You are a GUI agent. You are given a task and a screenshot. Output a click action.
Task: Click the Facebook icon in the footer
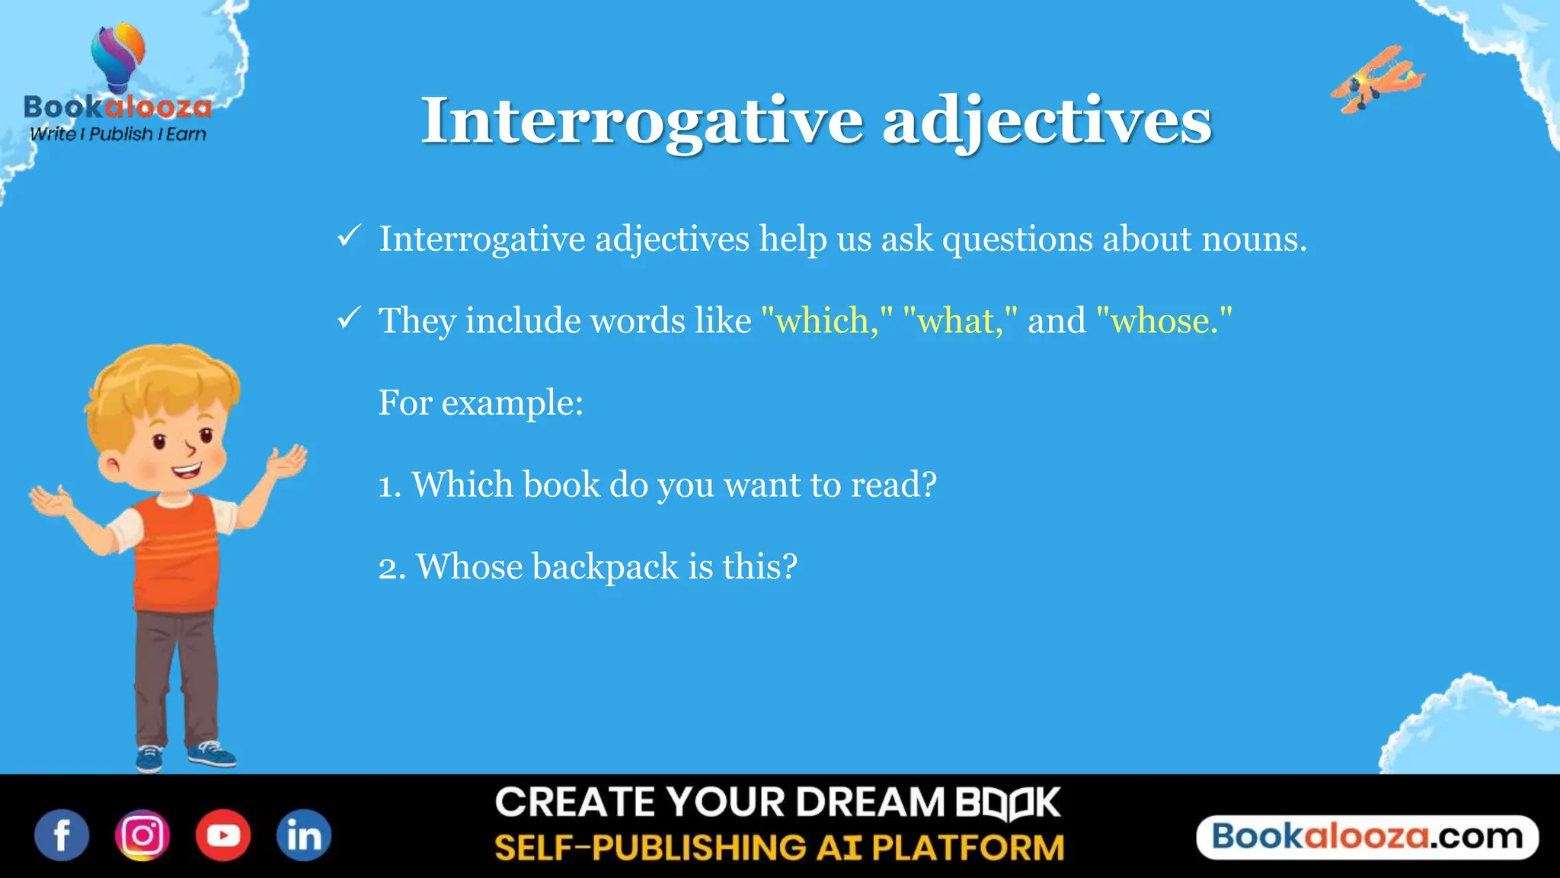[62, 835]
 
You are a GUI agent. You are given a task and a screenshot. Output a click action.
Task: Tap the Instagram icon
[142, 835]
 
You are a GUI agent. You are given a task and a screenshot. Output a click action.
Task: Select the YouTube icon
[223, 835]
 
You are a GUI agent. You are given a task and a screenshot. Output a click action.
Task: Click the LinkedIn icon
[303, 835]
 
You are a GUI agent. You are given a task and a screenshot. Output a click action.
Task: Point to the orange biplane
[1377, 79]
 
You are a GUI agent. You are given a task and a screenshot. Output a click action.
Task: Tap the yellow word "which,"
[826, 320]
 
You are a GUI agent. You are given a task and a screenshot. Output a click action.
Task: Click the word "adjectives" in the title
[1047, 122]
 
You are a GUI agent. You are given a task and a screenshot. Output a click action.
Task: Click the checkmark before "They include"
[349, 318]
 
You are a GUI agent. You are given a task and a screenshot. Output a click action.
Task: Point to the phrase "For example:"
[481, 402]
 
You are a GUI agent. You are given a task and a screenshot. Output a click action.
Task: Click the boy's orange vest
[175, 556]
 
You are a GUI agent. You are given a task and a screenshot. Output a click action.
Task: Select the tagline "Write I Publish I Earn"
[118, 134]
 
